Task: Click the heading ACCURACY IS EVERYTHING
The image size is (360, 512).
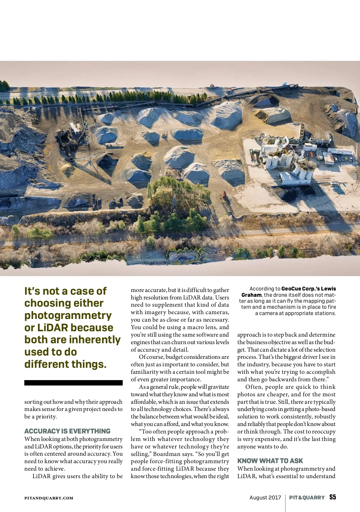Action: pyautogui.click(x=67, y=431)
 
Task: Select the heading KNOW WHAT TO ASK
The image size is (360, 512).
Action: pyautogui.click(x=270, y=461)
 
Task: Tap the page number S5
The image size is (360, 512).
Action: pyautogui.click(x=332, y=497)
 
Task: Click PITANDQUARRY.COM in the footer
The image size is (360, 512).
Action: pyautogui.click(x=49, y=498)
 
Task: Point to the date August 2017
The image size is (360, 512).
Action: pyautogui.click(x=265, y=498)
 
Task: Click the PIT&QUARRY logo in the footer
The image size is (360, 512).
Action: pyautogui.click(x=307, y=498)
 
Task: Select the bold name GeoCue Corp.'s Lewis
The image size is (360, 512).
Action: pyautogui.click(x=309, y=289)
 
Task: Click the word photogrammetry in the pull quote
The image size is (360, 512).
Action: pyautogui.click(x=68, y=316)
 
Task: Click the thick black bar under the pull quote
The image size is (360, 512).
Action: pyautogui.click(x=73, y=383)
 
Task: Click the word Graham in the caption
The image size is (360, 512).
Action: pyautogui.click(x=251, y=295)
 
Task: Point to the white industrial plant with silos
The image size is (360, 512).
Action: pyautogui.click(x=288, y=159)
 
